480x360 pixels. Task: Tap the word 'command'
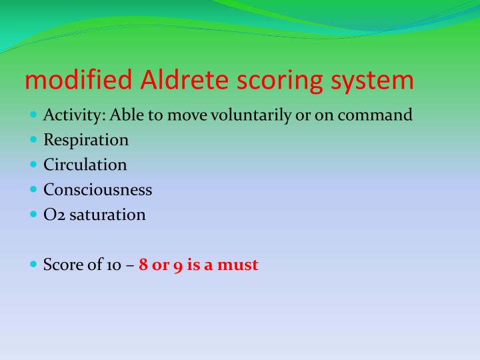click(375, 115)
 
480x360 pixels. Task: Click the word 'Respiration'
click(86, 141)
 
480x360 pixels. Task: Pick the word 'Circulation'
click(85, 165)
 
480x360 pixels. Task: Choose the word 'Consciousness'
click(97, 190)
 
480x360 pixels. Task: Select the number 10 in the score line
click(113, 265)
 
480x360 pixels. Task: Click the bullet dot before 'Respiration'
click(34, 140)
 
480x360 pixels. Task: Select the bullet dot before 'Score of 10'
click(34, 264)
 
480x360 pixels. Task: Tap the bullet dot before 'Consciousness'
click(34, 189)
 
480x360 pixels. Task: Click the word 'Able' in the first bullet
click(127, 115)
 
